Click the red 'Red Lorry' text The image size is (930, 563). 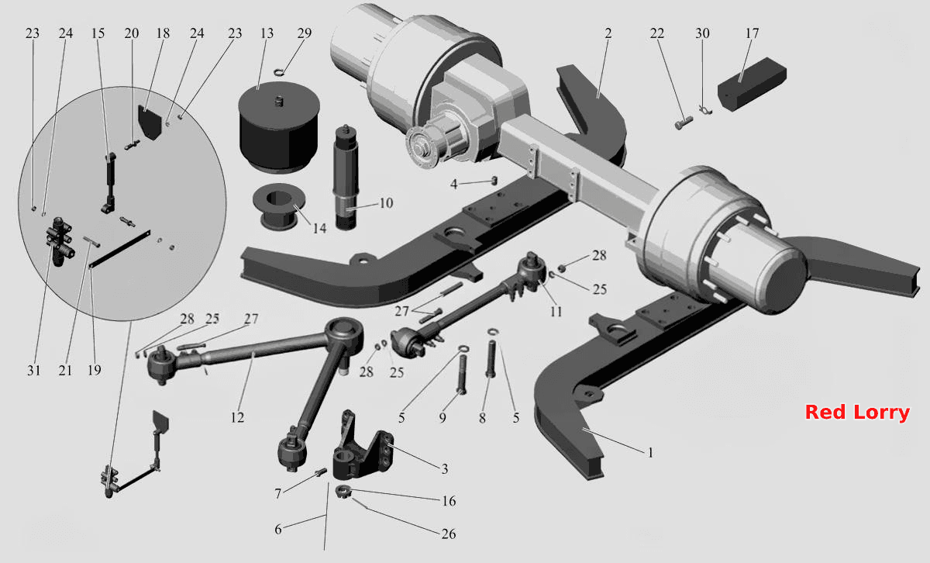tap(857, 413)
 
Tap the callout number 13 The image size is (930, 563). tap(267, 33)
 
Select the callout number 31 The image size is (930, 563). tap(34, 370)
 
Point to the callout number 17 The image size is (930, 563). tap(752, 33)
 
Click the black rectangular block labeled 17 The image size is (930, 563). tap(752, 84)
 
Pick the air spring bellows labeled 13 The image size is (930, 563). tap(279, 127)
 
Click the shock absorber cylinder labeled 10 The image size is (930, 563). tap(346, 178)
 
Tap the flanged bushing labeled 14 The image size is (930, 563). tap(279, 207)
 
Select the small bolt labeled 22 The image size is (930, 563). tap(684, 123)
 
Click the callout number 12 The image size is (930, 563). tap(237, 417)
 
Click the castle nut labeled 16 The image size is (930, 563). tap(343, 492)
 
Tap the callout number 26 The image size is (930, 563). tap(449, 534)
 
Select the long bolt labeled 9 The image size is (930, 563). tap(462, 375)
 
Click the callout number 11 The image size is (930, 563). tap(556, 311)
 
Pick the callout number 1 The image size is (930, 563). tap(650, 452)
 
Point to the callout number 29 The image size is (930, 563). tap(304, 33)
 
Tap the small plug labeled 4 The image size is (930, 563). tap(494, 181)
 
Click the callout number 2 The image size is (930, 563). tap(608, 33)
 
